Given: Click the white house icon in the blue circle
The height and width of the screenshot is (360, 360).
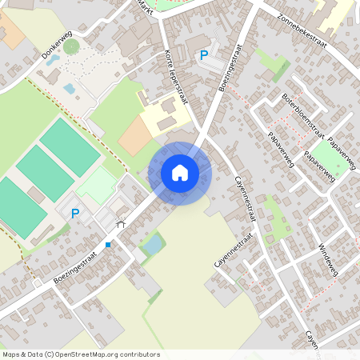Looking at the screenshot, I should [x=180, y=173].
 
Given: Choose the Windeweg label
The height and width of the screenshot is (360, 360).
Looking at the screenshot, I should [x=328, y=260].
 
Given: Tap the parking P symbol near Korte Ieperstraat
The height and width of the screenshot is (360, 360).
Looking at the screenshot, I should [x=204, y=55].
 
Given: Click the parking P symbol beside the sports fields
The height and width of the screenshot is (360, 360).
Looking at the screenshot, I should [x=75, y=214].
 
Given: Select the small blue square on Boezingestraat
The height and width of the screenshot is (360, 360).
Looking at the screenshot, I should [x=107, y=245].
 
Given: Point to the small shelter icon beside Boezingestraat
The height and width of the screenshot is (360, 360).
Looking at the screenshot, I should [x=121, y=226].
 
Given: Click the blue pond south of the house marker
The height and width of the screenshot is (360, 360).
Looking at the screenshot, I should [x=152, y=246].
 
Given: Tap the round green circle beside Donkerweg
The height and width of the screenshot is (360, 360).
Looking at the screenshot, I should [x=72, y=46].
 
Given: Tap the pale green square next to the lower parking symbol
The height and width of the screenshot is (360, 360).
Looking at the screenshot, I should [x=98, y=186].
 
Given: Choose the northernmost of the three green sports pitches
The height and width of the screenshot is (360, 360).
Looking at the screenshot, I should [x=70, y=146].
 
